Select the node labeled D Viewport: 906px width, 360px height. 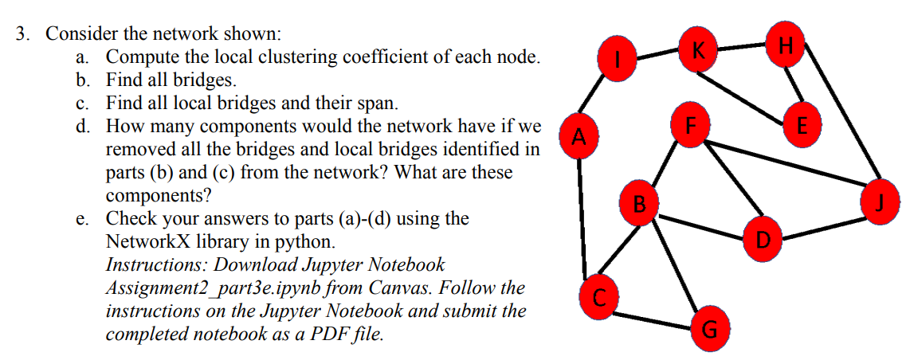click(762, 236)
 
